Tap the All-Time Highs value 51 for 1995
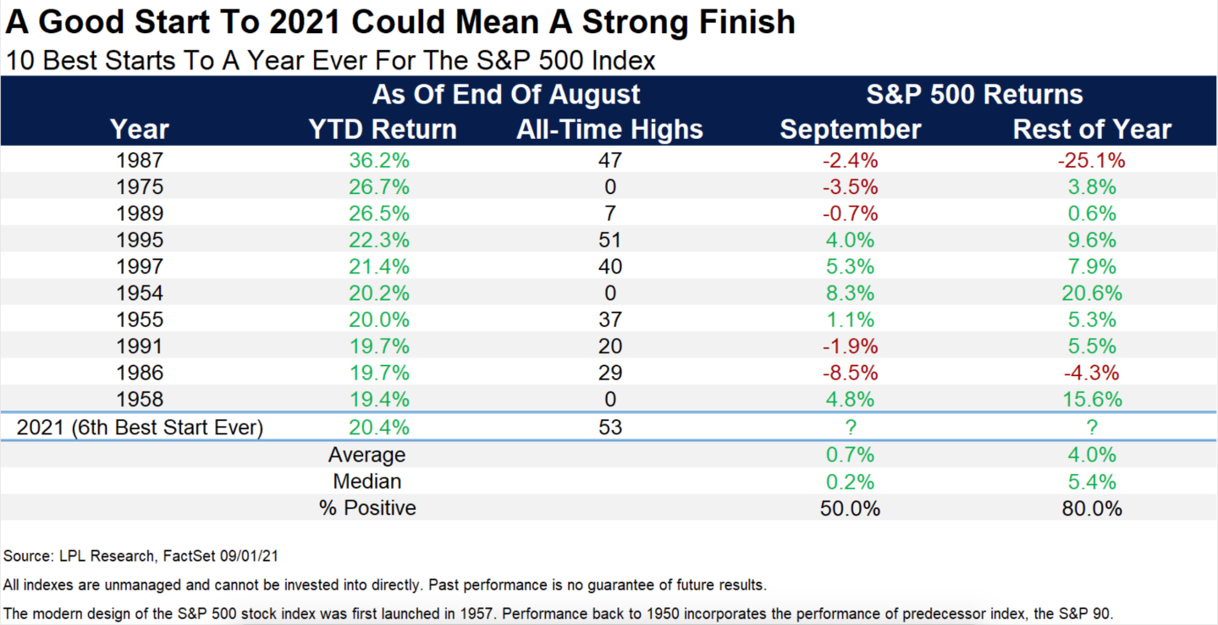(609, 240)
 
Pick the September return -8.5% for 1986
(850, 372)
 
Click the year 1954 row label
(140, 293)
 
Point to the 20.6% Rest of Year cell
(1091, 293)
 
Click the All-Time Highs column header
(609, 129)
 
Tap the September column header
(850, 129)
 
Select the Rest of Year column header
(1092, 129)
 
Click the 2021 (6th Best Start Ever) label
(140, 427)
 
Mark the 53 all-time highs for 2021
(609, 427)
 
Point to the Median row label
(367, 482)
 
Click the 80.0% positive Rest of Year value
(1091, 508)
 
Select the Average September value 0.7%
(850, 455)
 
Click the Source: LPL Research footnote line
(141, 556)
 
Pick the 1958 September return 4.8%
(850, 399)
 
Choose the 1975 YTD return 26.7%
(380, 187)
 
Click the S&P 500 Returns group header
(974, 93)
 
